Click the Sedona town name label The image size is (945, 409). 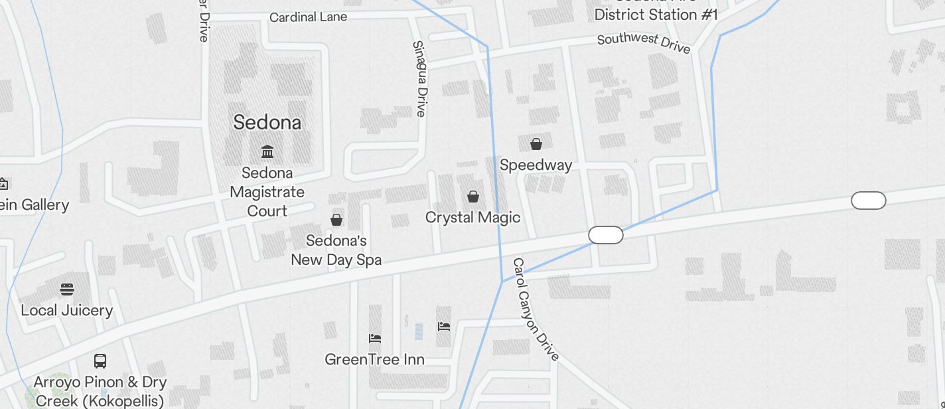tap(267, 122)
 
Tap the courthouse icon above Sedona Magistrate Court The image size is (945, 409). tap(267, 152)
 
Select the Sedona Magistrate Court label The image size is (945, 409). tap(267, 192)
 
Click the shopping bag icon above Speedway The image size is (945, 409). tap(536, 144)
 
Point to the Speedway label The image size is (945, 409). tap(536, 165)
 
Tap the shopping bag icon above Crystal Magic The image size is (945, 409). tap(473, 197)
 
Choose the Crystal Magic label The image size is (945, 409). tap(472, 218)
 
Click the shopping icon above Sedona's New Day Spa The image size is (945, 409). tap(336, 220)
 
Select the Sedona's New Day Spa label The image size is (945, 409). tap(336, 250)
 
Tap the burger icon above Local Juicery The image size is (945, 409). tap(66, 289)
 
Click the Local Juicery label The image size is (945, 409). tap(66, 310)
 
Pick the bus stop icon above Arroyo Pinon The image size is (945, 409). tap(100, 361)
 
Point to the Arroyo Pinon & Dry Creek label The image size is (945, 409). tap(100, 392)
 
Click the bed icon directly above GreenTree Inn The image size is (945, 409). tap(375, 339)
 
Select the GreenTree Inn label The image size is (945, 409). tap(374, 360)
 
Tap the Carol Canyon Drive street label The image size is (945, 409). tap(535, 309)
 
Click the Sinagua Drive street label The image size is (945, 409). tap(419, 78)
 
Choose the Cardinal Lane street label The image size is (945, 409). tap(308, 17)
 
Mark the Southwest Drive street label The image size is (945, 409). tap(644, 43)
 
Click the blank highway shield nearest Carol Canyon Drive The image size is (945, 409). tap(605, 235)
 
